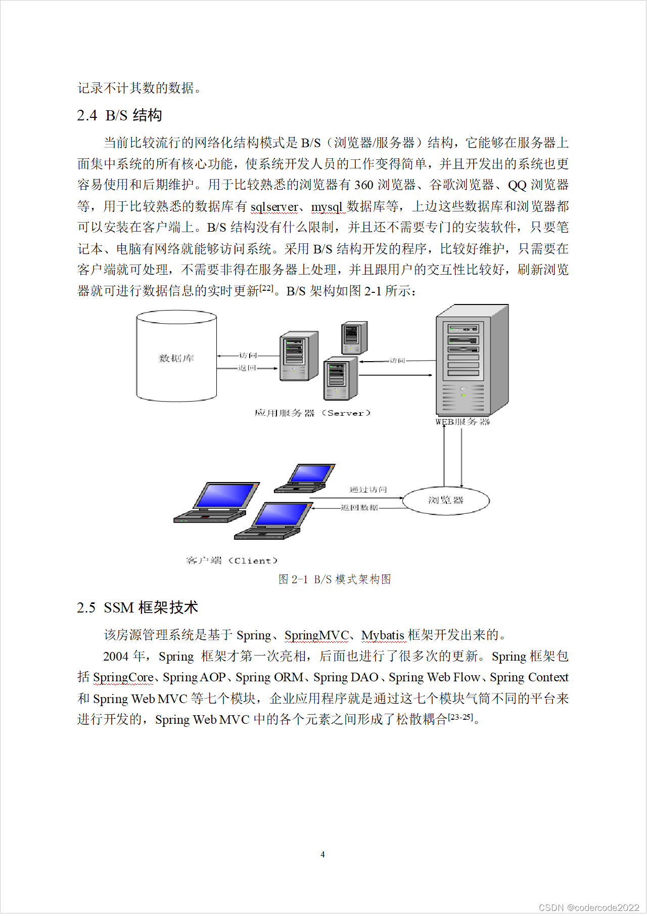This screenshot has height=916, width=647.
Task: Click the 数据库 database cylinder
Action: tap(176, 356)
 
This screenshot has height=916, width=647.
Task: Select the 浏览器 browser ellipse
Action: tap(446, 500)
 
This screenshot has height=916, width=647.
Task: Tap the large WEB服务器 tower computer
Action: tap(471, 360)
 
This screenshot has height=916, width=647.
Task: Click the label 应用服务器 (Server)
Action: tap(312, 413)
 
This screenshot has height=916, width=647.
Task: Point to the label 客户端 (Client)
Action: tap(232, 560)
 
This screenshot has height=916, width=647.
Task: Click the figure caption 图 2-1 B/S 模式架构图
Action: tap(335, 579)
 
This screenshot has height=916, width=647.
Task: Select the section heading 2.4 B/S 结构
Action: tap(119, 115)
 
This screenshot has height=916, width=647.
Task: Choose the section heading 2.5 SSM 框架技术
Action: tap(137, 607)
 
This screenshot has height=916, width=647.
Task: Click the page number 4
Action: tap(322, 854)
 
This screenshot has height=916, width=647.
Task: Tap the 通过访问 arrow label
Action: tap(368, 489)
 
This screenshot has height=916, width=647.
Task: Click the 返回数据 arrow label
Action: tap(359, 507)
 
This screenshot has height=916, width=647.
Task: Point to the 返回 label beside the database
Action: tap(247, 368)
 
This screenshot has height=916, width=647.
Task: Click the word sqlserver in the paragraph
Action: tap(274, 206)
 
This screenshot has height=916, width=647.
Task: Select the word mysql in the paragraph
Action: tap(327, 206)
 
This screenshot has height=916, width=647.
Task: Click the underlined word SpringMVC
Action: tap(316, 635)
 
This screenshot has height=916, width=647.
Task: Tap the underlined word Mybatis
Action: tap(383, 635)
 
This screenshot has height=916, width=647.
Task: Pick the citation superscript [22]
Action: tap(266, 288)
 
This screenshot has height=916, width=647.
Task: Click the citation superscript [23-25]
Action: tap(460, 717)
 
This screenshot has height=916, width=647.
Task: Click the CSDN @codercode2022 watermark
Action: tap(589, 907)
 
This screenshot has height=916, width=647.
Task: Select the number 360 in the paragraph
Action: tap(364, 185)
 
